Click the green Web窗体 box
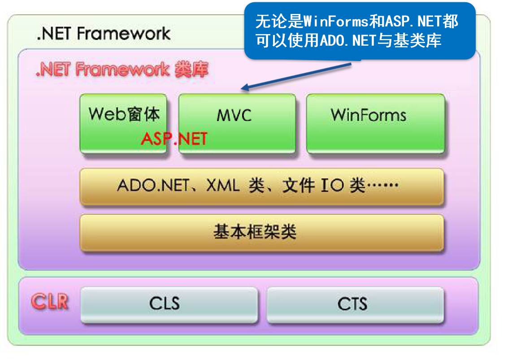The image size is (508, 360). (123, 123)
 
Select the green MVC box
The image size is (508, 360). (237, 123)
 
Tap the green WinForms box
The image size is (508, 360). (375, 123)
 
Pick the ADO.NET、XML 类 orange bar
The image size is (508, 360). (261, 187)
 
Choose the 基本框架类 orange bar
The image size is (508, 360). (261, 232)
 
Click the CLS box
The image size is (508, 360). (169, 304)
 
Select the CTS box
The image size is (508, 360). (355, 304)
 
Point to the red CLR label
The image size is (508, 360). (50, 302)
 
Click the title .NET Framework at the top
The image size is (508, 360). (104, 34)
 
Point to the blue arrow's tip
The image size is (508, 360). (243, 89)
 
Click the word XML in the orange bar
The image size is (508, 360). (223, 185)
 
